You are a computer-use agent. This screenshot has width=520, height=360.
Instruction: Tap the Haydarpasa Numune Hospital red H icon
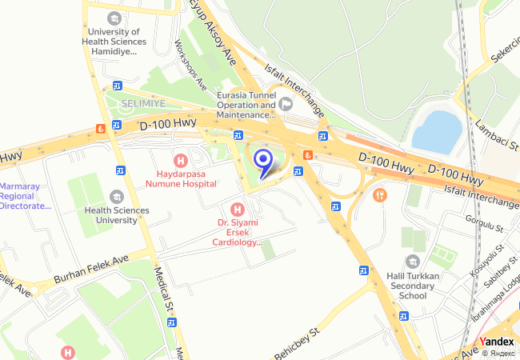pyautogui.click(x=181, y=159)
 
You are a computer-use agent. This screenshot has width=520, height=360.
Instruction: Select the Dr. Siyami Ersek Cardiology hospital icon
pyautogui.click(x=237, y=209)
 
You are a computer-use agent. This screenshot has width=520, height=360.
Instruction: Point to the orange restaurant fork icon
pyautogui.click(x=379, y=194)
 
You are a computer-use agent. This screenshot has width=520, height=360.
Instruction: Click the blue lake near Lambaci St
pyautogui.click(x=438, y=131)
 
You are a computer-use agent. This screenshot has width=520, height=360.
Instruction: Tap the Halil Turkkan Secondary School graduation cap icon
pyautogui.click(x=412, y=261)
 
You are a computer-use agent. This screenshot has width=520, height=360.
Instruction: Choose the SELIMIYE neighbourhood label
pyautogui.click(x=143, y=104)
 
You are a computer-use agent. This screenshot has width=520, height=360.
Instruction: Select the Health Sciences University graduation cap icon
pyautogui.click(x=117, y=197)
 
